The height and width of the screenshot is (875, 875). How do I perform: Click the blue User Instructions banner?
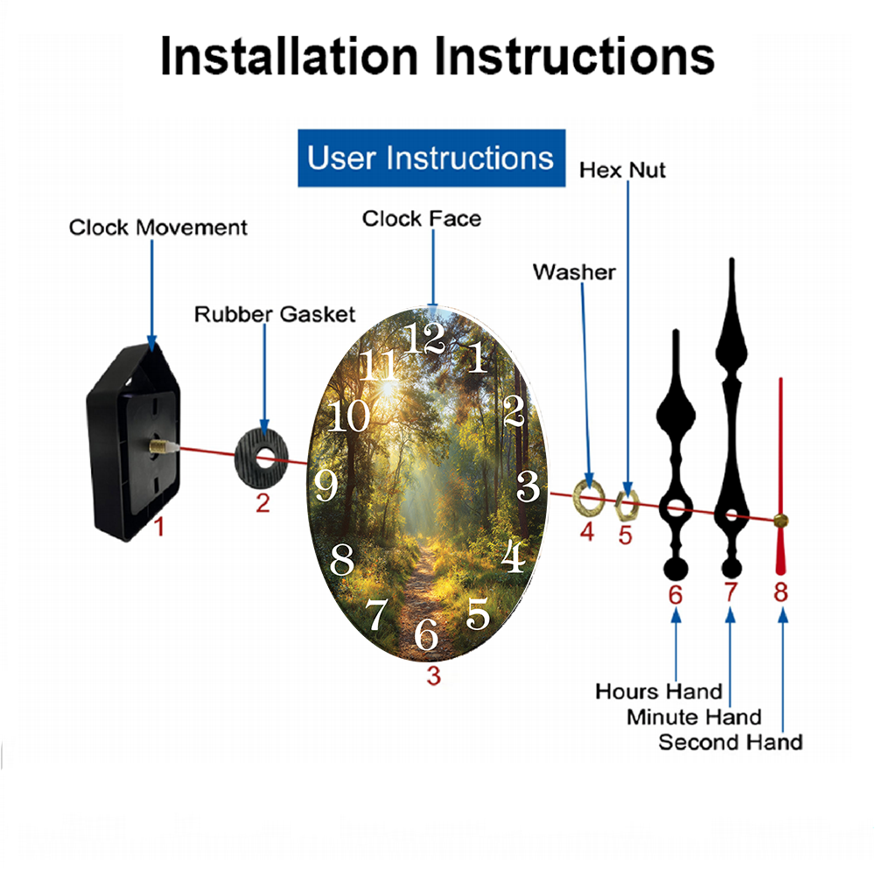pyautogui.click(x=431, y=157)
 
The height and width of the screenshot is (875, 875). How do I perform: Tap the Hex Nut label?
pyautogui.click(x=622, y=170)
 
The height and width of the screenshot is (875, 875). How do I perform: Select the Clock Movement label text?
pyautogui.click(x=157, y=227)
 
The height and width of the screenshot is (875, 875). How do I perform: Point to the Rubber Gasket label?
pyautogui.click(x=275, y=314)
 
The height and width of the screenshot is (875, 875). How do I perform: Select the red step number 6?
pyautogui.click(x=675, y=595)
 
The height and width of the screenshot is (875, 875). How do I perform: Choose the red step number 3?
pyautogui.click(x=434, y=675)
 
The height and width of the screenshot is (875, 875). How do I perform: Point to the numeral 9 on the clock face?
pyautogui.click(x=325, y=485)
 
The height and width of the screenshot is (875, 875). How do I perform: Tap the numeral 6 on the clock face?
pyautogui.click(x=426, y=633)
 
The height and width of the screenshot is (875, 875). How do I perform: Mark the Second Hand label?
pyautogui.click(x=731, y=742)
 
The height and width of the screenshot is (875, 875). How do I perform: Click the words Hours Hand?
pyautogui.click(x=659, y=691)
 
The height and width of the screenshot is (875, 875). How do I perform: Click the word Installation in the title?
pyautogui.click(x=289, y=56)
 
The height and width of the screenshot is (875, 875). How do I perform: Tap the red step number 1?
pyautogui.click(x=159, y=526)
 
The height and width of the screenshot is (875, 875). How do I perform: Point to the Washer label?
pyautogui.click(x=574, y=272)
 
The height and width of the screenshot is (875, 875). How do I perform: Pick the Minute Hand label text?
pyautogui.click(x=694, y=717)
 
